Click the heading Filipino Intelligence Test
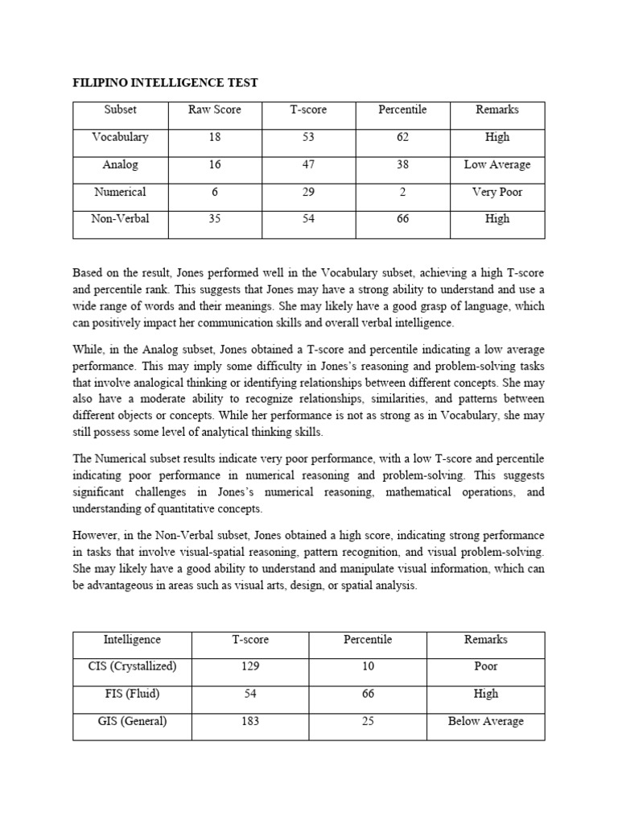(166, 83)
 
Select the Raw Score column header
(215, 110)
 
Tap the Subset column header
(120, 110)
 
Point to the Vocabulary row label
(120, 137)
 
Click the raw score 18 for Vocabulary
(215, 137)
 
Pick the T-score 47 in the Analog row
(308, 164)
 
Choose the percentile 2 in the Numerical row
(402, 192)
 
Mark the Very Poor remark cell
(497, 192)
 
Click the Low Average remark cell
(497, 164)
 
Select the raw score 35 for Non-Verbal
(215, 218)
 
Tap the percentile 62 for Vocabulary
(402, 137)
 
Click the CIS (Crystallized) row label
(132, 666)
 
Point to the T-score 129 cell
(250, 666)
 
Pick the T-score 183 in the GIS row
(250, 721)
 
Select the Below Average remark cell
(486, 721)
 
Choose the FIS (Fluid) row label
(132, 694)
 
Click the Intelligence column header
(132, 639)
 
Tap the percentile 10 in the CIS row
(368, 666)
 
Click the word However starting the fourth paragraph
(98, 535)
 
